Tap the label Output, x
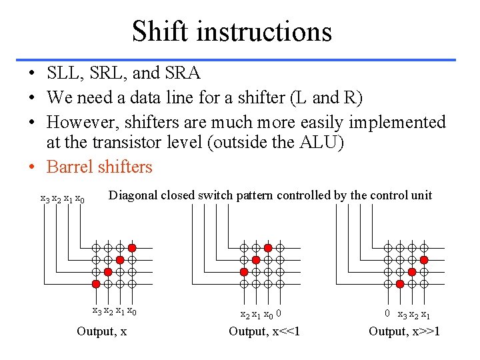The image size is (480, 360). click(102, 331)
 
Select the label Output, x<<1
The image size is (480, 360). click(265, 331)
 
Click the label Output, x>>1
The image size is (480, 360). click(405, 331)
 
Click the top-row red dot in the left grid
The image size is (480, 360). click(132, 247)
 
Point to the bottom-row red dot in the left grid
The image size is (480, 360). click(96, 284)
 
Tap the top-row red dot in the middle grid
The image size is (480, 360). click(268, 247)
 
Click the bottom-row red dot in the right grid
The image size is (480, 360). click(400, 284)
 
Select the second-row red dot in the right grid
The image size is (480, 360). click(424, 259)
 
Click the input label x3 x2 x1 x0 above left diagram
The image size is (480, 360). click(62, 199)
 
